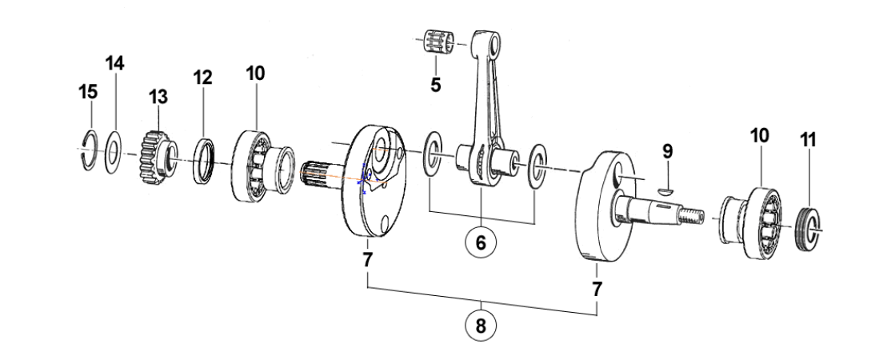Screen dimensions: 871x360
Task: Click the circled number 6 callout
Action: [x=481, y=242]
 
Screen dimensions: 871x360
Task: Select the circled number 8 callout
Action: [x=481, y=326]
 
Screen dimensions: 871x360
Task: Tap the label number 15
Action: [x=88, y=92]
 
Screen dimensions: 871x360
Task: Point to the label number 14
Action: [x=115, y=63]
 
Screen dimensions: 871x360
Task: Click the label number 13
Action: [x=158, y=97]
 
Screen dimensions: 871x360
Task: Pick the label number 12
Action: [x=202, y=78]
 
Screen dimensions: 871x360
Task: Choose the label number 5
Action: [x=435, y=85]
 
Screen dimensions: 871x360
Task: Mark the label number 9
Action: [x=667, y=151]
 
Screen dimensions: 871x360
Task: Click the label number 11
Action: [x=809, y=140]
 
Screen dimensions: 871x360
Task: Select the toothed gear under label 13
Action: [x=158, y=158]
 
